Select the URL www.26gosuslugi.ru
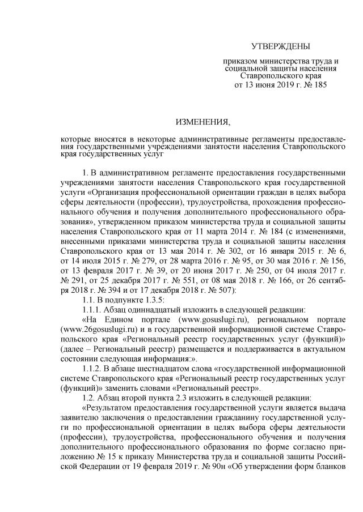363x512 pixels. pyautogui.click(x=100, y=331)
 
